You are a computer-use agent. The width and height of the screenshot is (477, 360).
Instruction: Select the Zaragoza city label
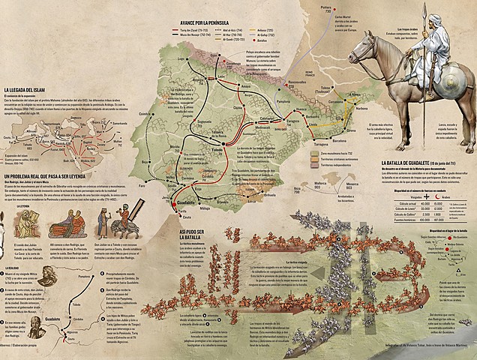pyautogui.click(x=293, y=118)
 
